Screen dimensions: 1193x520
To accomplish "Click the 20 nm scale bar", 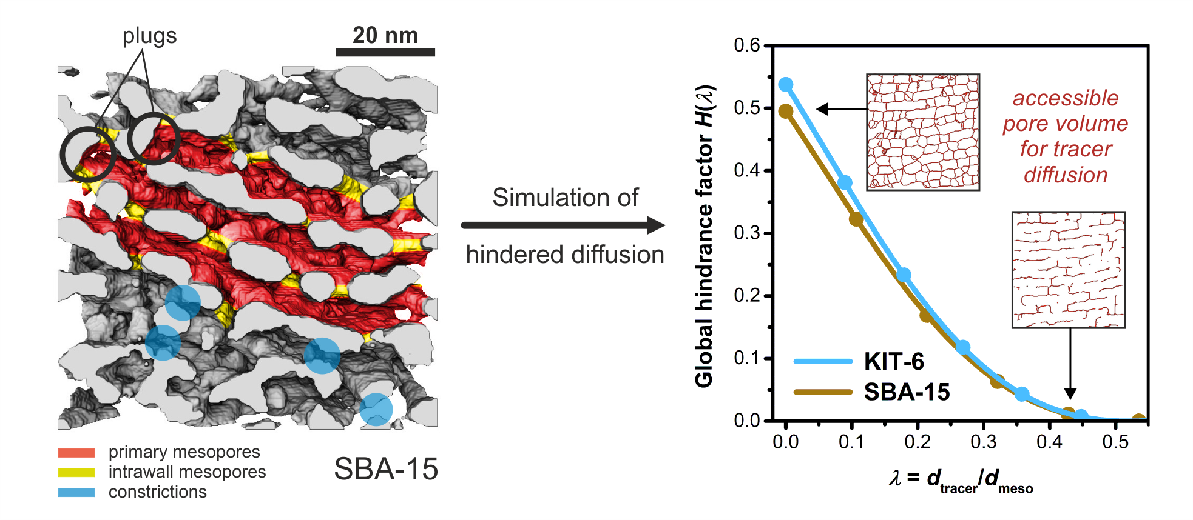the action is click(385, 52).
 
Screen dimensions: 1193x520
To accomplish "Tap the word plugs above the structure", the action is click(149, 36).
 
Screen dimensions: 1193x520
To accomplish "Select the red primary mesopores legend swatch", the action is click(76, 453).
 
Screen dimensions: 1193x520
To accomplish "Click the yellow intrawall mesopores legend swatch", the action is click(76, 472).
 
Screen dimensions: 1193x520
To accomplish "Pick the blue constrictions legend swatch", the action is click(76, 492).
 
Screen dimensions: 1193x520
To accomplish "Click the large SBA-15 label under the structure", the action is click(386, 469).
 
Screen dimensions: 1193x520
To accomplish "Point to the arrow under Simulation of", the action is click(563, 225).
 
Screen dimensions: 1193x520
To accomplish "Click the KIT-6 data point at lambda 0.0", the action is click(786, 84).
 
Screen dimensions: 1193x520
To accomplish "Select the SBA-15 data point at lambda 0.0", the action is click(786, 112).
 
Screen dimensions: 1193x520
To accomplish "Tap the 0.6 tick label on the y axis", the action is click(746, 45).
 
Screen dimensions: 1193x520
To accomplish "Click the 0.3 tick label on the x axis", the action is click(984, 442).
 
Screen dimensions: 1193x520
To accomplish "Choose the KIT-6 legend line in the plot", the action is click(823, 361).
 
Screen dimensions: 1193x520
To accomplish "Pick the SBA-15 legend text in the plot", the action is click(907, 392).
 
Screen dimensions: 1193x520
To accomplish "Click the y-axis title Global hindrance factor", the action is click(705, 236).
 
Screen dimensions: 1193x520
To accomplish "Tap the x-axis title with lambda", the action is click(961, 480).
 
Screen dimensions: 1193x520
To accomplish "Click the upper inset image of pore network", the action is click(923, 132).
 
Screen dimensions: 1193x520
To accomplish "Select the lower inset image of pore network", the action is click(1069, 270).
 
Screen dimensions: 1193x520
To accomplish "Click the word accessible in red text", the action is click(1066, 98).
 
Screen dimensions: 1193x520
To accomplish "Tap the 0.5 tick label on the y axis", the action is click(746, 108).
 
